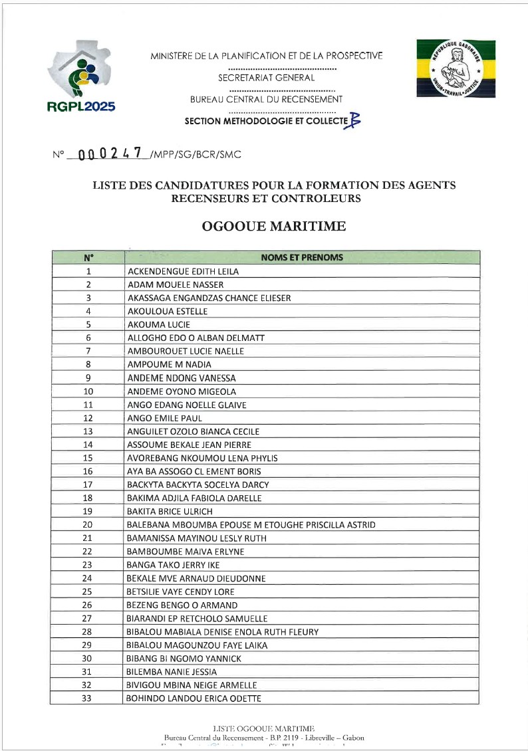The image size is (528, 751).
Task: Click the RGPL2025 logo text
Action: click(x=81, y=107)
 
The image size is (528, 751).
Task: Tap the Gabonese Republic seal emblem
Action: click(x=456, y=68)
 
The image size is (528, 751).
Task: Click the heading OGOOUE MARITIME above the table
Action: click(x=273, y=227)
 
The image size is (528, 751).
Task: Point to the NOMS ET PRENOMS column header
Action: click(x=302, y=258)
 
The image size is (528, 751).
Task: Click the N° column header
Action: click(x=88, y=258)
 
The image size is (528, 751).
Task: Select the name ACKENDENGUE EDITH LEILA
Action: click(x=183, y=271)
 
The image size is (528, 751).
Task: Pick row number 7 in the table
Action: click(x=88, y=351)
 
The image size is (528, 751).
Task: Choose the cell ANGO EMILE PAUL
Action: click(x=164, y=418)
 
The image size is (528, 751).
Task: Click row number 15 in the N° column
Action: click(x=88, y=458)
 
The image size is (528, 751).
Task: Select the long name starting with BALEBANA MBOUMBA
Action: click(x=251, y=525)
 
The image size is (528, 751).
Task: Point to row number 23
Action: click(x=88, y=565)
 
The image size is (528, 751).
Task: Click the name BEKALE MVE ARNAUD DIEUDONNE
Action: click(x=196, y=578)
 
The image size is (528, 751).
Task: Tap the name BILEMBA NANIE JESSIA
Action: click(x=172, y=672)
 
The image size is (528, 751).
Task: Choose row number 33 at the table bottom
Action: click(x=88, y=698)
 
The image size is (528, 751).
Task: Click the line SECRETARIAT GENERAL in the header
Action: click(x=266, y=78)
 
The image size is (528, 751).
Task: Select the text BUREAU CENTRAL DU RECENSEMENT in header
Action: click(x=267, y=100)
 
